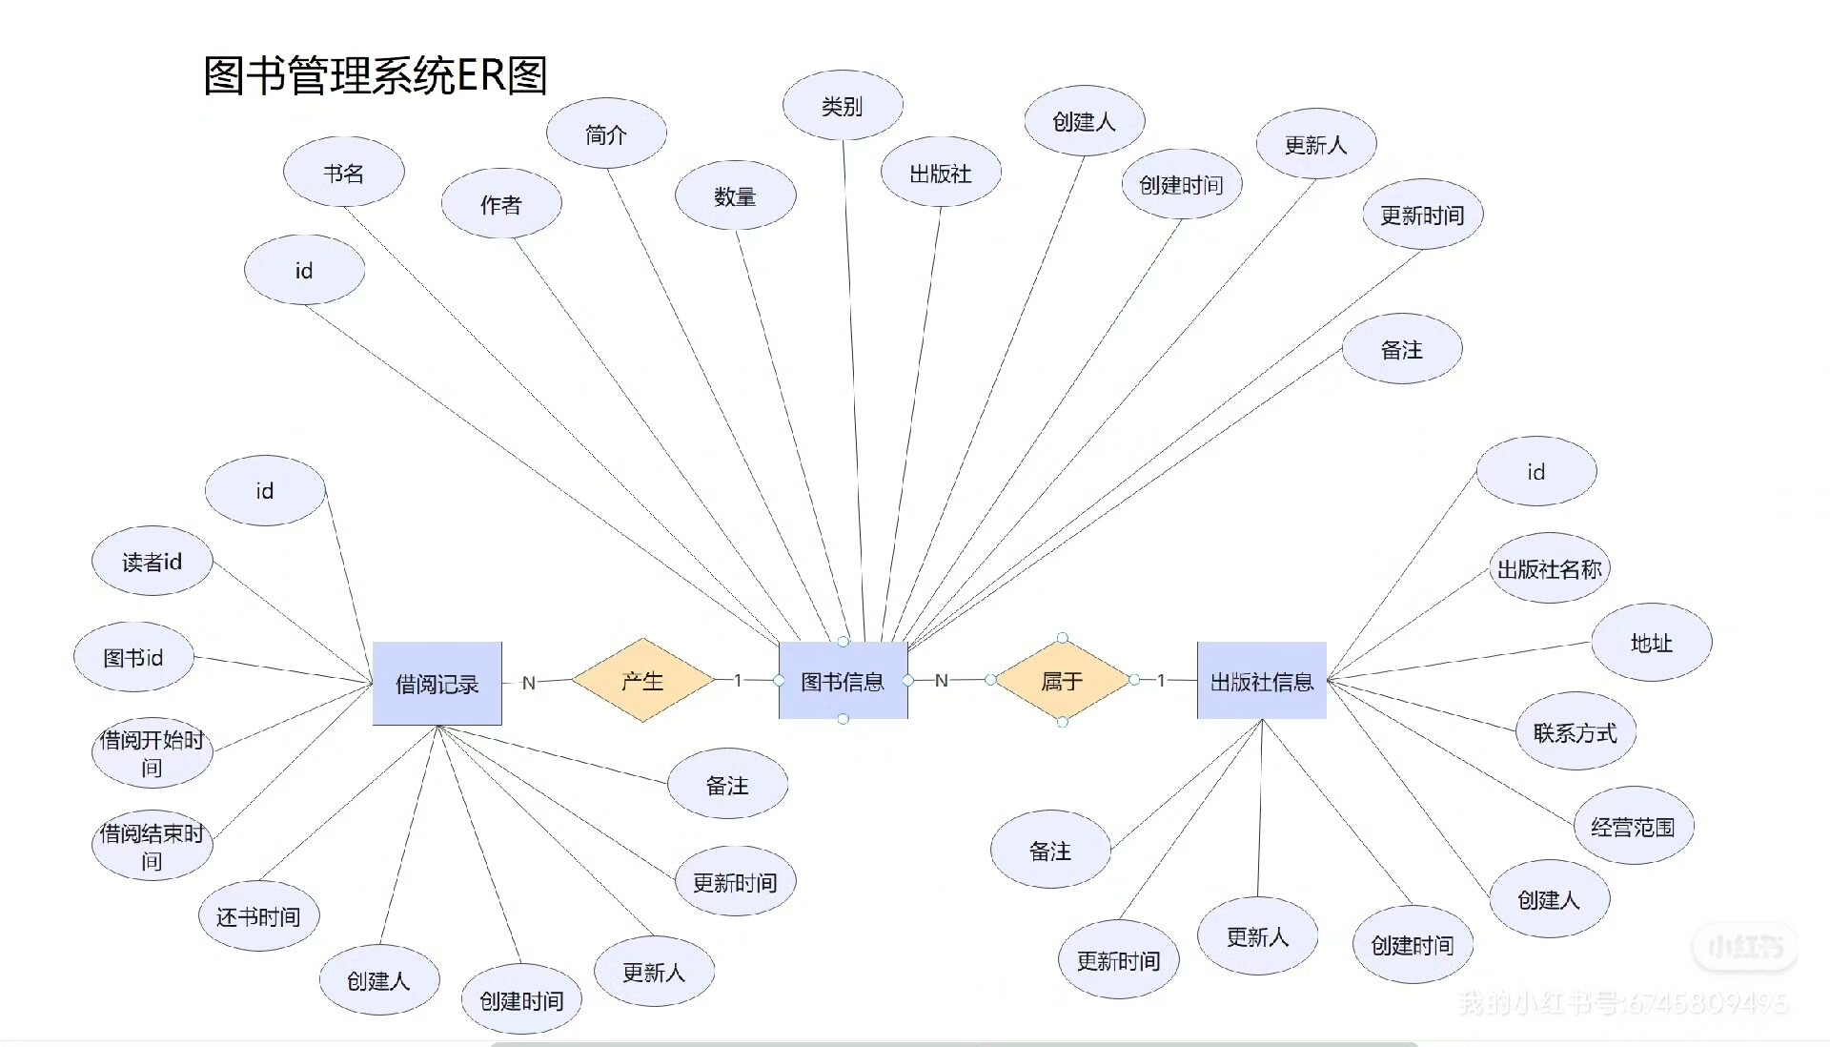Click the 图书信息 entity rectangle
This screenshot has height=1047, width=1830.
[843, 681]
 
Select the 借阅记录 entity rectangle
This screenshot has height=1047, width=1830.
[437, 684]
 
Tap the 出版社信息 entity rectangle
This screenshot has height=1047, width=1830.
[1261, 681]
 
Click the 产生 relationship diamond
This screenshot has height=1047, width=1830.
[642, 681]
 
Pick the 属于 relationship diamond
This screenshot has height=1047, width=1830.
[1062, 681]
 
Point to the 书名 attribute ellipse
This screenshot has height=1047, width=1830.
[343, 173]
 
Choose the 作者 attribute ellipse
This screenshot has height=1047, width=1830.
[500, 204]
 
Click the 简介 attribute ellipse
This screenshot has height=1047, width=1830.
[606, 133]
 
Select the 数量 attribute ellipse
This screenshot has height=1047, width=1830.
[735, 195]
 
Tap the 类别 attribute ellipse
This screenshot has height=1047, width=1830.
[843, 105]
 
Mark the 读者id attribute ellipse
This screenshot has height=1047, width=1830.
[152, 562]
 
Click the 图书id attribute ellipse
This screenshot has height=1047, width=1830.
[133, 657]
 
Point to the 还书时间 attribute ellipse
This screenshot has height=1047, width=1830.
[258, 916]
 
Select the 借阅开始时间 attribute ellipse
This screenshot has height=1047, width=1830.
[152, 753]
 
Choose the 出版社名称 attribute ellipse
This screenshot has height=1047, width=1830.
[1549, 569]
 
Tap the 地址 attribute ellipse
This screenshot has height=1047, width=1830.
[1651, 643]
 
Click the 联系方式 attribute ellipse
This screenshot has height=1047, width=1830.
[1575, 732]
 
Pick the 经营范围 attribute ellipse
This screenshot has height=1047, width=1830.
[1633, 827]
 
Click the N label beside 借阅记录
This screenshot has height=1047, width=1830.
[529, 683]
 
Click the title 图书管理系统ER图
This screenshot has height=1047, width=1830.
[376, 75]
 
